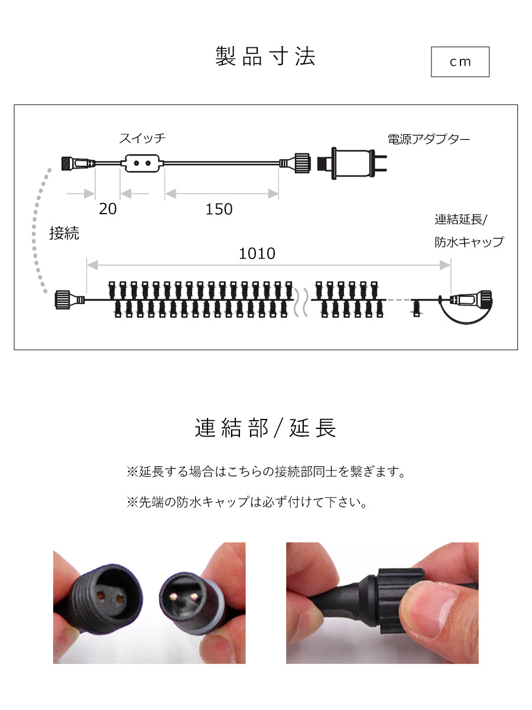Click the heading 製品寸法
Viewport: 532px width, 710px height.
[x=265, y=57]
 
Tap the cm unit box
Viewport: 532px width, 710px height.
[x=460, y=62]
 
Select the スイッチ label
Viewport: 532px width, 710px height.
[x=142, y=139]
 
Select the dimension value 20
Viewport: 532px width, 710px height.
[x=108, y=209]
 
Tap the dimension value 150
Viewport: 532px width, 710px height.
[x=219, y=209]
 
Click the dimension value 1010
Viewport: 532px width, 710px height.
[x=257, y=253]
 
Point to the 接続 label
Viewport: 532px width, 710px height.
[x=64, y=233]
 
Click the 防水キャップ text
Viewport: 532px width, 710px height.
[x=469, y=242]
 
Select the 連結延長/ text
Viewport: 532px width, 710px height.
[x=460, y=220]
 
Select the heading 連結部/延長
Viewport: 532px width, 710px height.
[x=265, y=428]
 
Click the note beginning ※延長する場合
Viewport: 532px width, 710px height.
[x=265, y=472]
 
